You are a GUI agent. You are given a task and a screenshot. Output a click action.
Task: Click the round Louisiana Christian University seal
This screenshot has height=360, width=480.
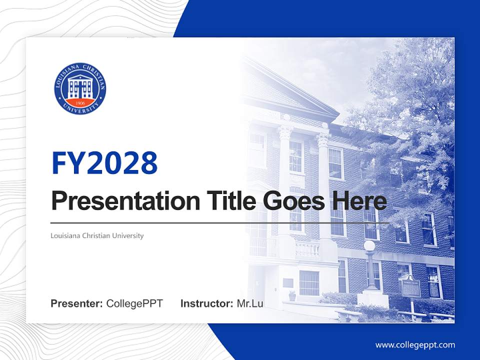point(80,88)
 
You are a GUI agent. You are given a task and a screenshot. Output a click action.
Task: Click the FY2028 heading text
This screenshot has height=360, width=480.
point(104,163)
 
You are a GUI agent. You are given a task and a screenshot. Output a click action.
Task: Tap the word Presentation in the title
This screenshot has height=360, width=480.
point(125,201)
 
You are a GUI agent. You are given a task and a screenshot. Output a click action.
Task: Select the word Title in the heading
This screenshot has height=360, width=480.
point(229,201)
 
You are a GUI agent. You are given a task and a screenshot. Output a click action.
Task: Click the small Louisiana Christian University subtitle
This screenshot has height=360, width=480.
point(97,235)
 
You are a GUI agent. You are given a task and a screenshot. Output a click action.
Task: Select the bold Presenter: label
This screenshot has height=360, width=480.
point(77,303)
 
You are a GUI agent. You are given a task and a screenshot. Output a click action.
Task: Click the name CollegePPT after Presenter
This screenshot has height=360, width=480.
point(134,303)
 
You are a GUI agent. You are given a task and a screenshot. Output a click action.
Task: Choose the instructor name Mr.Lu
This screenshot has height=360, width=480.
point(250,303)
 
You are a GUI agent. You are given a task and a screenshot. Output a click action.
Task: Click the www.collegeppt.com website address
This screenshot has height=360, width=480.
point(415,345)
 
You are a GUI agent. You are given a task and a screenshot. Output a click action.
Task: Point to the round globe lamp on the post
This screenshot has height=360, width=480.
point(369,245)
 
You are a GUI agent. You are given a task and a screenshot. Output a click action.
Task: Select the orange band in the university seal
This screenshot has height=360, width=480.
point(80,102)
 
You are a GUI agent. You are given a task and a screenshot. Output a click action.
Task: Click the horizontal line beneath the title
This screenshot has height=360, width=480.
point(220,222)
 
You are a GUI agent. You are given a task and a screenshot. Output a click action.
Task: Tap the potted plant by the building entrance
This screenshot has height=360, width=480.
point(292,295)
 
